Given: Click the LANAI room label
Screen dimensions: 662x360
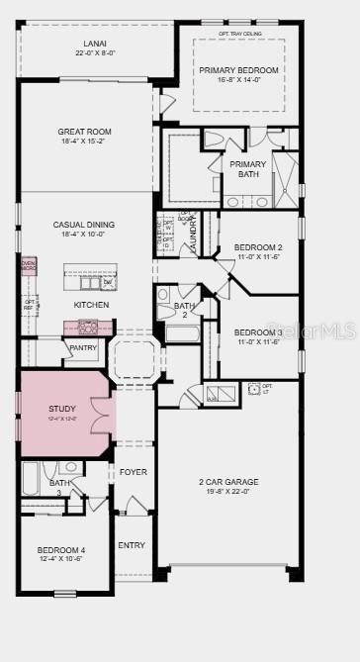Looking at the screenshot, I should tap(95, 44).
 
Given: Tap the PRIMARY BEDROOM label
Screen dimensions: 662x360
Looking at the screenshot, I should tap(238, 70).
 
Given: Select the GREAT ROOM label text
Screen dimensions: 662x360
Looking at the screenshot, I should tap(85, 132).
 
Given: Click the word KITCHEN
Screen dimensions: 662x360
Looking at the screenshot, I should tap(91, 305).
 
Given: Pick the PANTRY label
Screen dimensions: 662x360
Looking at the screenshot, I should tap(82, 348).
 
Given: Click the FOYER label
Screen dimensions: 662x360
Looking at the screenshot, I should tap(133, 472).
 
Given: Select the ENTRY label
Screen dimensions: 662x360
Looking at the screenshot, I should tap(131, 545).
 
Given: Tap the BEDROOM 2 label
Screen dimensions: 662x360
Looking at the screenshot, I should tap(258, 247).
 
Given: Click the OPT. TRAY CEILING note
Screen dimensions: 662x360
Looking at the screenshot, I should tap(238, 32).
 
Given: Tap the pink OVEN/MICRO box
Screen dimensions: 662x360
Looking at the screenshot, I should tap(30, 265).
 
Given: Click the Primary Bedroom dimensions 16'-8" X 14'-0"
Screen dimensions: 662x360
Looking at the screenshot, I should tap(238, 81).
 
